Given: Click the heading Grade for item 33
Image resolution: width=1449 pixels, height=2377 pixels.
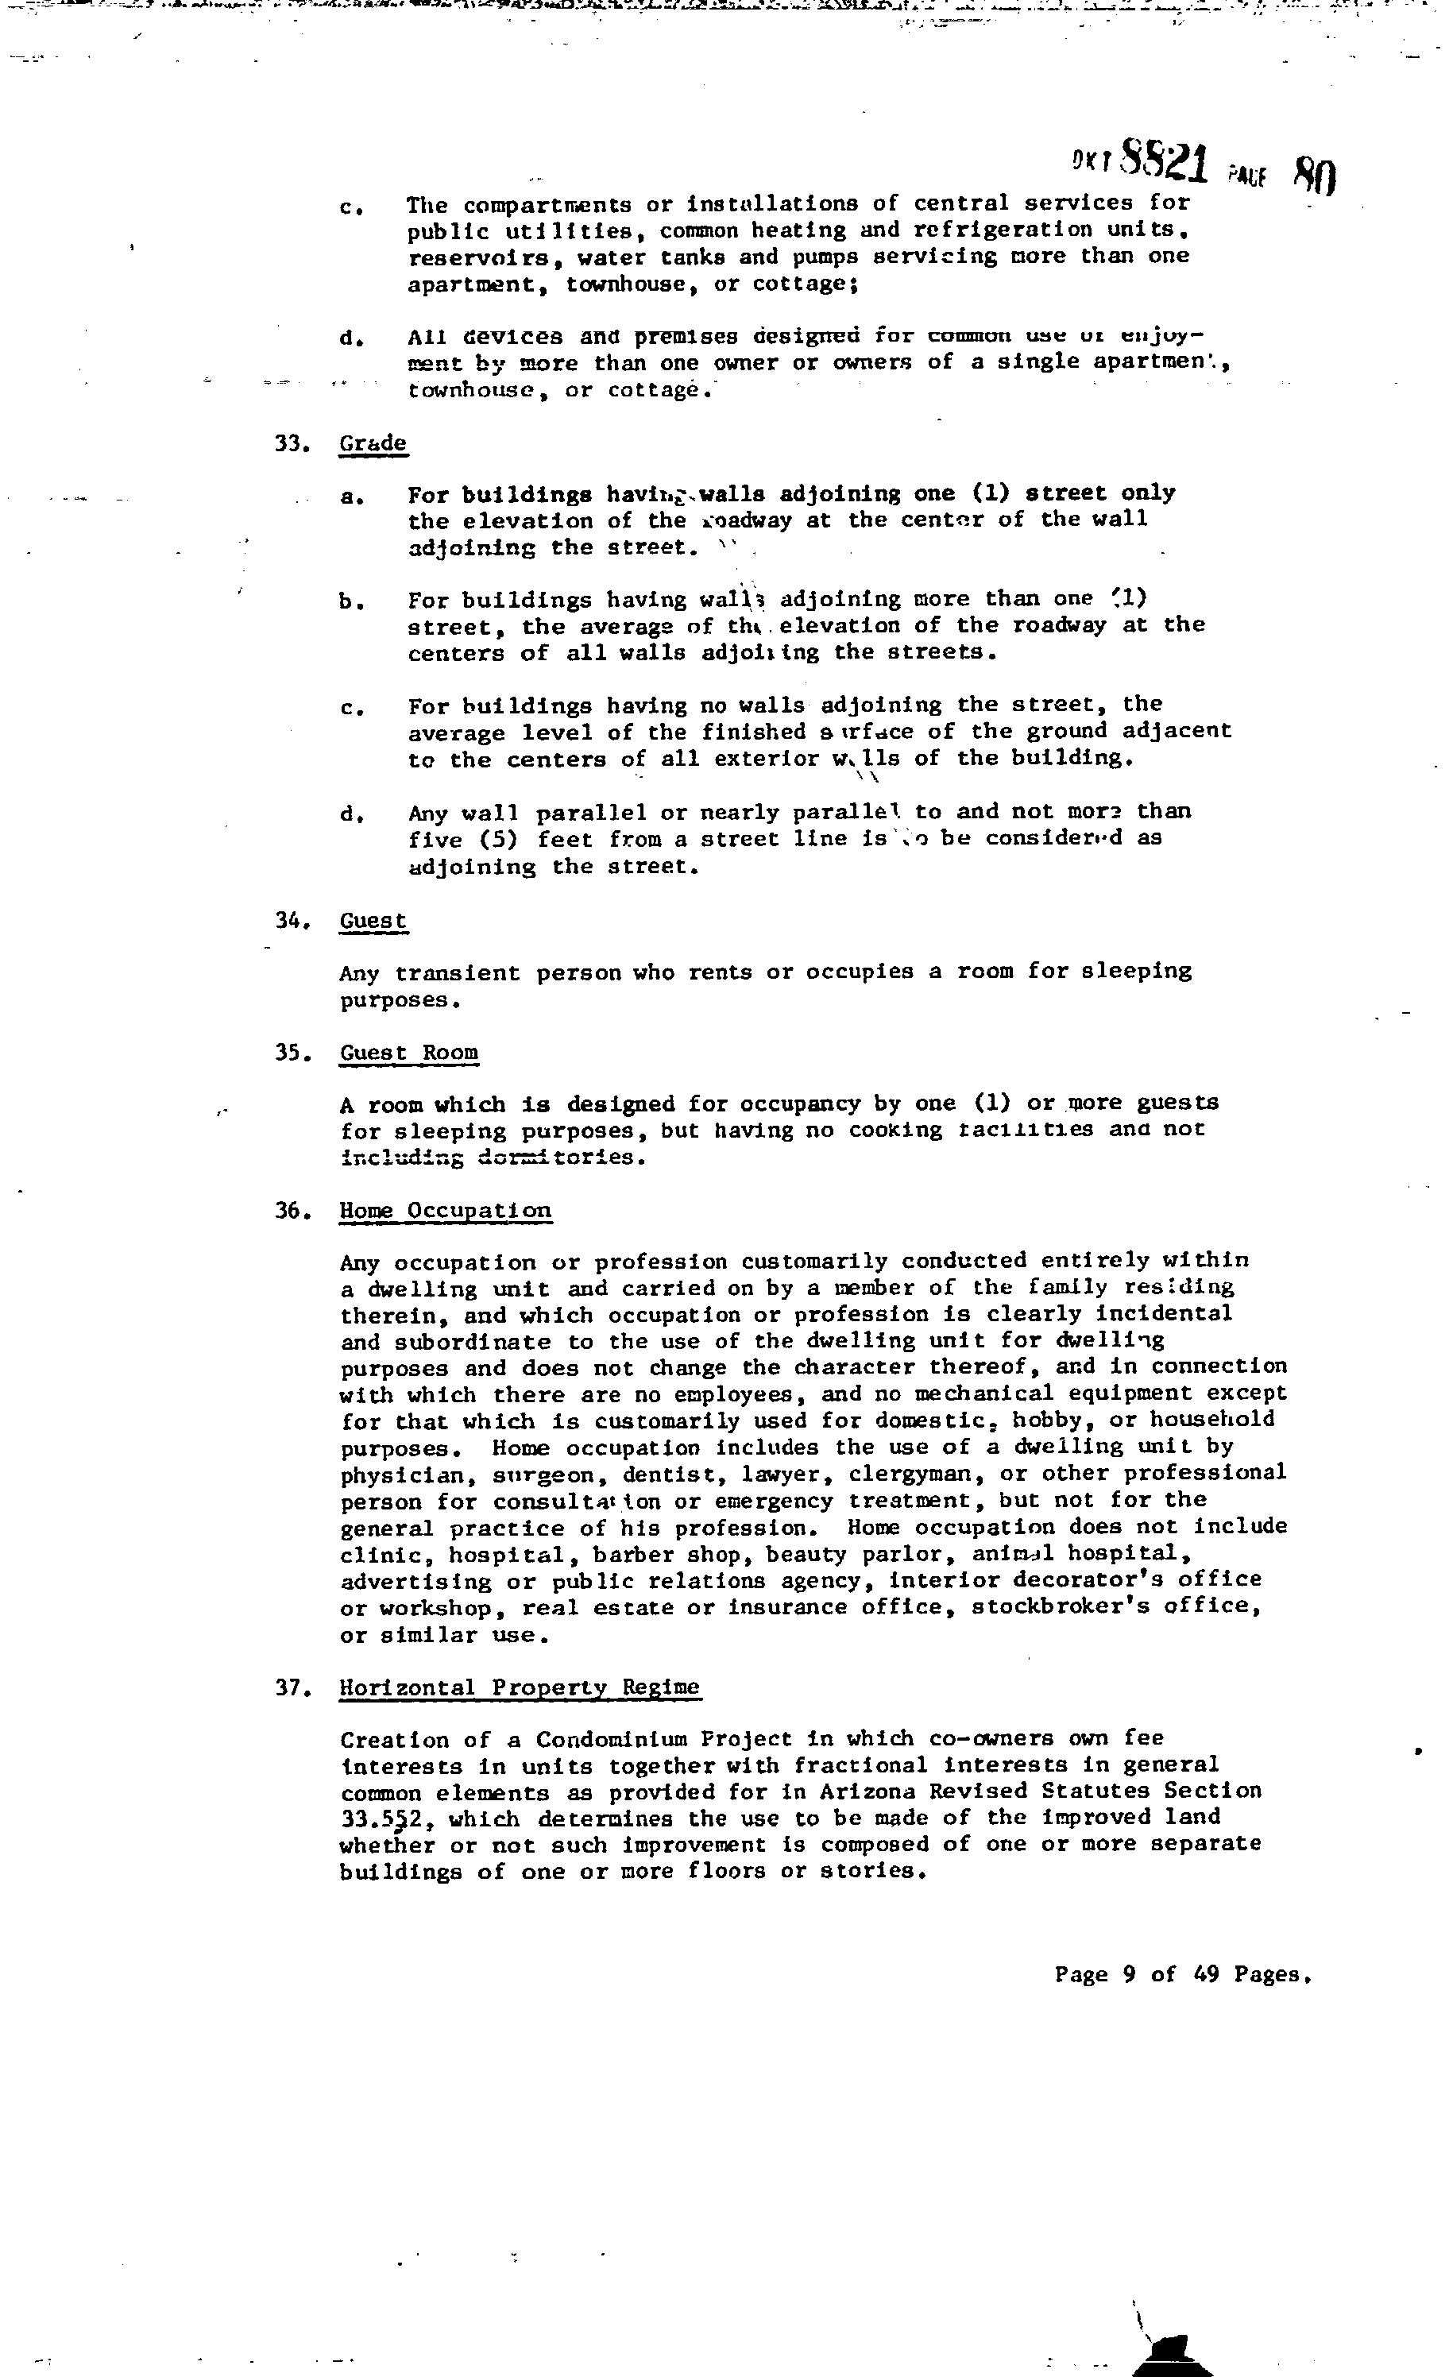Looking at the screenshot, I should [373, 444].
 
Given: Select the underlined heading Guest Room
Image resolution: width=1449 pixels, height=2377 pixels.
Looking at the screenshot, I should [408, 1052].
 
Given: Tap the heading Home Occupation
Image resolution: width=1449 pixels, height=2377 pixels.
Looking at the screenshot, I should [445, 1211].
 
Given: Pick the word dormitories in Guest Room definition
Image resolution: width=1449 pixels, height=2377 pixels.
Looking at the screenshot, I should [559, 1157].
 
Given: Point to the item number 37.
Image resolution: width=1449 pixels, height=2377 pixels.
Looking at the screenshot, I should [292, 1688].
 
